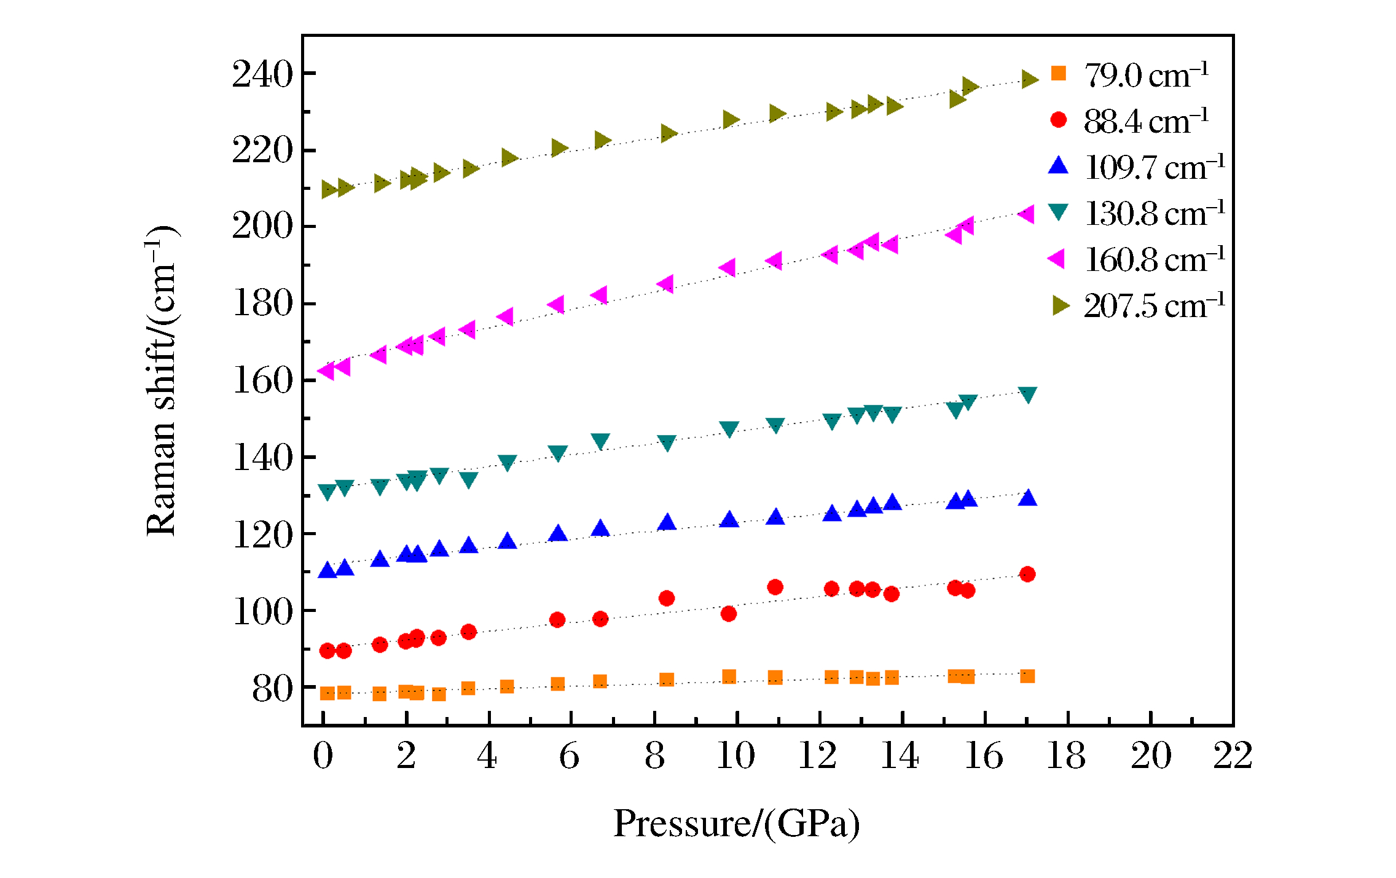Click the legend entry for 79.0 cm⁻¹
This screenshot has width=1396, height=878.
coord(1146,75)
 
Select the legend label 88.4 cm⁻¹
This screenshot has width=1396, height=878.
coord(1146,121)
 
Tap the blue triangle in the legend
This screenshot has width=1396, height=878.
coord(1058,166)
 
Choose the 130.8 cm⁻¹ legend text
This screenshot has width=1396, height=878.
coord(1154,213)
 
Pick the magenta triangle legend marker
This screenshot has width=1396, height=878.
coord(1057,259)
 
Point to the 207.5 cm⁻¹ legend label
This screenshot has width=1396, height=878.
coord(1154,305)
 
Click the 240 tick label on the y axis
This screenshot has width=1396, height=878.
coord(262,74)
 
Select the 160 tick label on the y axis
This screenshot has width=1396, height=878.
coord(262,380)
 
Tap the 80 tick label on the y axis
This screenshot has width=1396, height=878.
coord(272,689)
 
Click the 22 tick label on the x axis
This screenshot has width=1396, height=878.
coord(1233,755)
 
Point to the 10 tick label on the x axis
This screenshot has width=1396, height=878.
coord(736,755)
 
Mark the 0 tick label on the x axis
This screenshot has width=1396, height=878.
coord(323,755)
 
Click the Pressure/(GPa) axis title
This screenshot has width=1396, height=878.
coord(736,823)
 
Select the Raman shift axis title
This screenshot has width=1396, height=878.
coord(161,381)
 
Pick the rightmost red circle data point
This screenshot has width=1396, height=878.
coord(1027,574)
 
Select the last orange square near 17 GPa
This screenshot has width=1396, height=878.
coord(1027,676)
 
